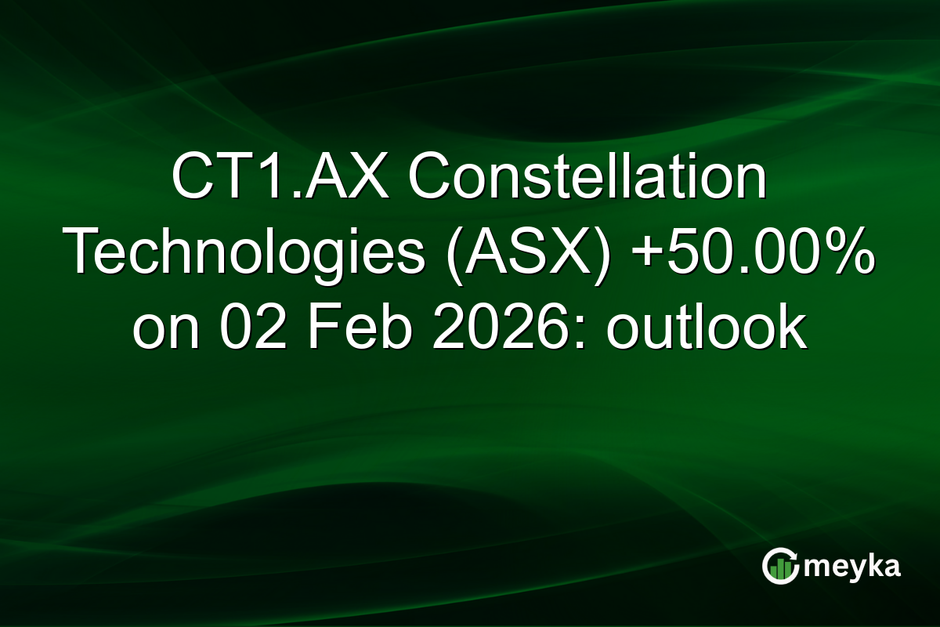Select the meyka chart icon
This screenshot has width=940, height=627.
point(780,566)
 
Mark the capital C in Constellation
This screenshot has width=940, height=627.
point(427,179)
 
